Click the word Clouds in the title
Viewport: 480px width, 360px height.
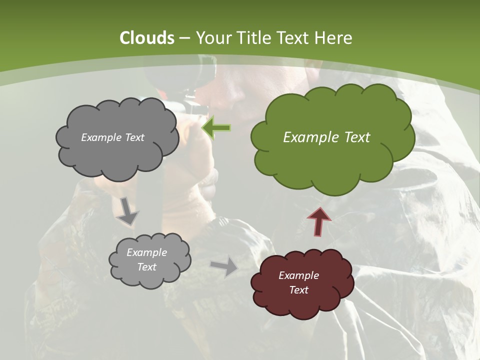point(146,38)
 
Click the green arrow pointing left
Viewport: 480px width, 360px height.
point(216,128)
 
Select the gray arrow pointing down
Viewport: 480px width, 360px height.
point(127,210)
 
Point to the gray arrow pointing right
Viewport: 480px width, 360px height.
point(224,267)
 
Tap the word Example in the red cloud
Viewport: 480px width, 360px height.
point(298,275)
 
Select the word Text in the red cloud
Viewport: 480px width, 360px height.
point(298,290)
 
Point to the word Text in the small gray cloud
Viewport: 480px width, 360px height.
point(146,267)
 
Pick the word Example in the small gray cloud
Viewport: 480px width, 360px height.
point(146,252)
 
